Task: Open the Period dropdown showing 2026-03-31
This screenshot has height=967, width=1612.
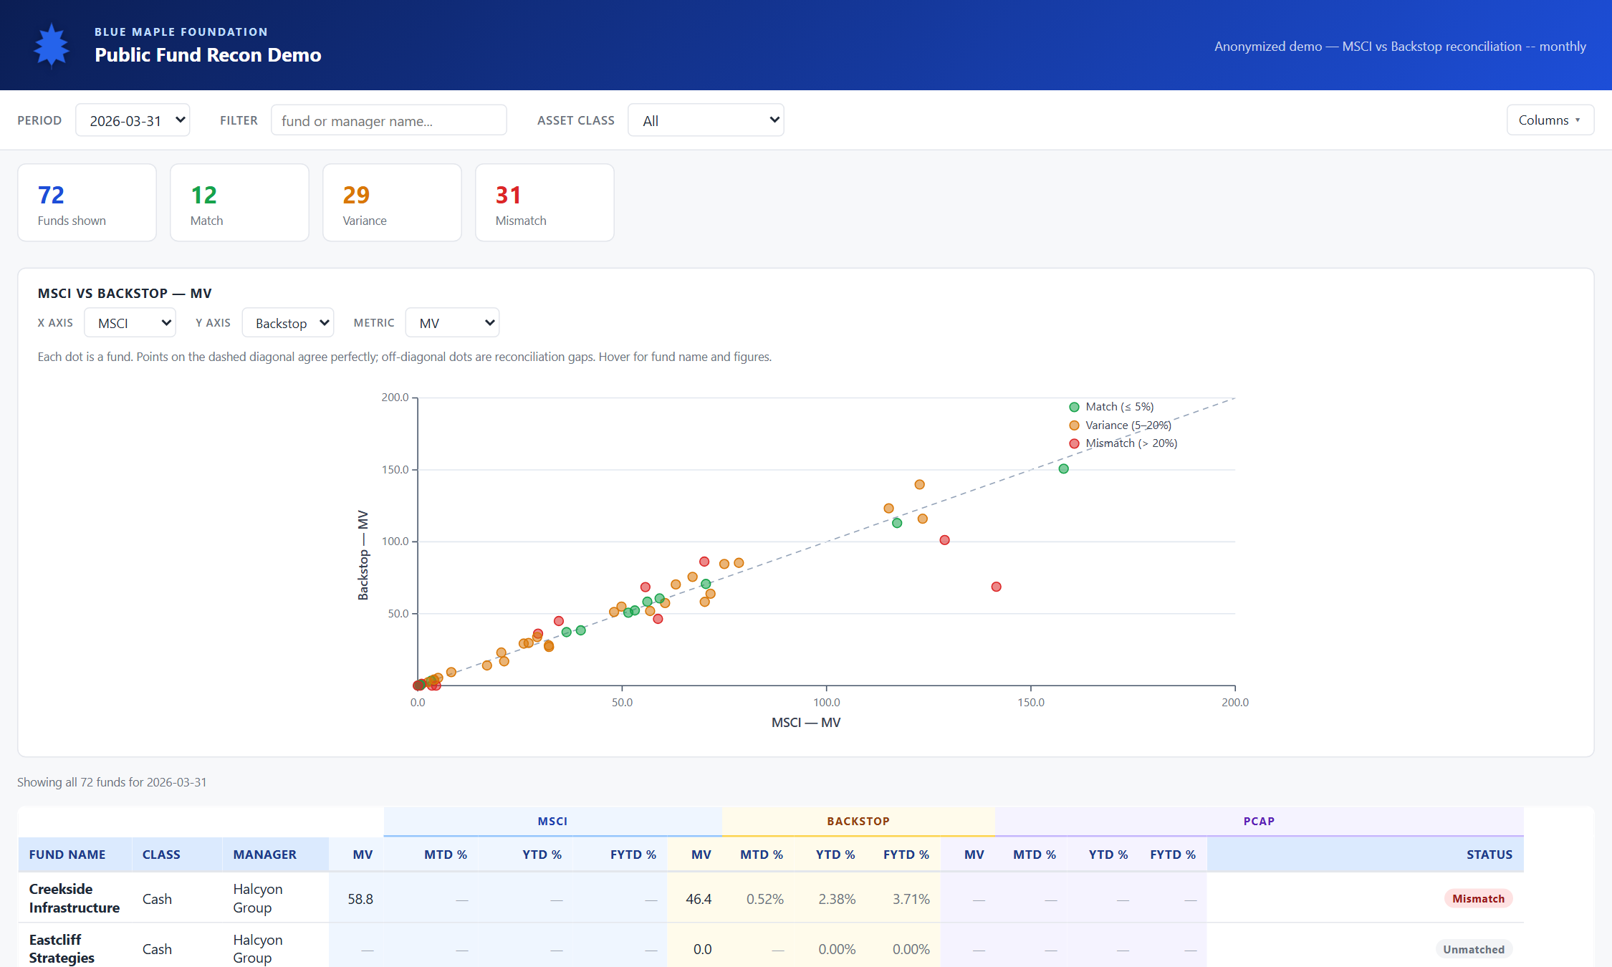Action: tap(133, 120)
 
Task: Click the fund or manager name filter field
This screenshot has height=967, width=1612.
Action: tap(388, 120)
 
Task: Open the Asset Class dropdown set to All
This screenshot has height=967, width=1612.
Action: tap(706, 120)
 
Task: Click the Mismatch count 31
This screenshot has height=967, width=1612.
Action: tap(508, 195)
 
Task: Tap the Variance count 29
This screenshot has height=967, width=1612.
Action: tap(356, 195)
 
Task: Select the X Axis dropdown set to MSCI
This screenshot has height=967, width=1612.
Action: tap(130, 323)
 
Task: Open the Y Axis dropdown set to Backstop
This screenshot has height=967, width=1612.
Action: tap(288, 323)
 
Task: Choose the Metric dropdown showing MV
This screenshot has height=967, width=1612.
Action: tap(452, 323)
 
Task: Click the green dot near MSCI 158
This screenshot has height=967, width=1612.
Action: tap(1063, 468)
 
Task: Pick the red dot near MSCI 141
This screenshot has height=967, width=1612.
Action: tap(996, 587)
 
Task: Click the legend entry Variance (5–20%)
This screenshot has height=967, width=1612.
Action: tap(1120, 425)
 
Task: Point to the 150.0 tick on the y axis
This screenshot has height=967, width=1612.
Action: tap(395, 470)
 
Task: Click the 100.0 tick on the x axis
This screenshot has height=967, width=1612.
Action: tap(826, 703)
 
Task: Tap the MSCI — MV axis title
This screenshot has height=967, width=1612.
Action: tap(806, 723)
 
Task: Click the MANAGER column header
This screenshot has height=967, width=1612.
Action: tap(264, 855)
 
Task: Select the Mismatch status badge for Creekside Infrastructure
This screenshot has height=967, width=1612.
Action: tap(1478, 899)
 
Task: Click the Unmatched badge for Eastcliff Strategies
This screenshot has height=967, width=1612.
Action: tap(1474, 949)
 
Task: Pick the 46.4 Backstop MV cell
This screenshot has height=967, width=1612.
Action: tap(699, 899)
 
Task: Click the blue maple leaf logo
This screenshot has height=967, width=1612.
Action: tap(52, 47)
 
